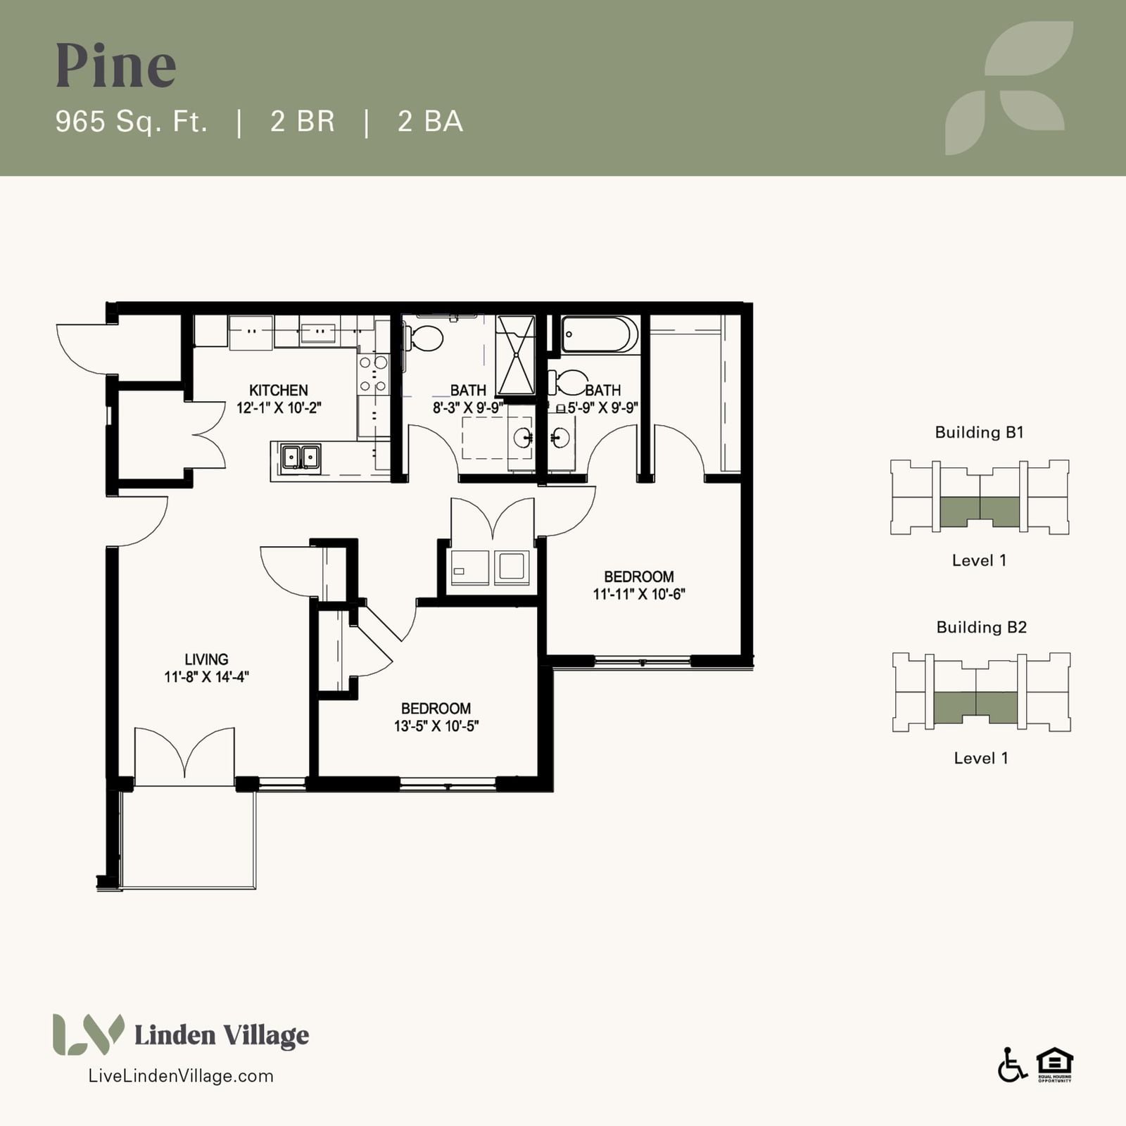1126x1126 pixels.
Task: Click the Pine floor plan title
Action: pyautogui.click(x=116, y=65)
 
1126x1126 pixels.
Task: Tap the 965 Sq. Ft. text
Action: pyautogui.click(x=132, y=122)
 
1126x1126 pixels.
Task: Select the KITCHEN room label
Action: pyautogui.click(x=279, y=390)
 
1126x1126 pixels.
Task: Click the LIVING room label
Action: pyautogui.click(x=206, y=659)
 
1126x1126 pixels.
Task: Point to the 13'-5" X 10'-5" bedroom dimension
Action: pyautogui.click(x=436, y=726)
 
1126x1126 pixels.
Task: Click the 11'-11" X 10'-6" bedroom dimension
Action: pyautogui.click(x=639, y=594)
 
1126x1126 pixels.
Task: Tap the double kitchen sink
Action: pyautogui.click(x=301, y=457)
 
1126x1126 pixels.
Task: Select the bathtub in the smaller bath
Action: pyautogui.click(x=600, y=334)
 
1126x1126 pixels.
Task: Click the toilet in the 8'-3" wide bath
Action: pyautogui.click(x=424, y=338)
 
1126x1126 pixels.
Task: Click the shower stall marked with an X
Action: pyautogui.click(x=516, y=355)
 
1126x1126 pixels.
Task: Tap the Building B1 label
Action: pyautogui.click(x=979, y=432)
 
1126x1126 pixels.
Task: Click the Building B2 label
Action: pyautogui.click(x=981, y=627)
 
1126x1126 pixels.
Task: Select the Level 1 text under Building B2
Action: pyautogui.click(x=981, y=758)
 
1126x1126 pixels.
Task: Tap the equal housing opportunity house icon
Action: pyautogui.click(x=1054, y=1064)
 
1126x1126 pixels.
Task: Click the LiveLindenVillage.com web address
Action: pyautogui.click(x=181, y=1075)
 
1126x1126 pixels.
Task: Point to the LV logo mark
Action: pyautogui.click(x=88, y=1035)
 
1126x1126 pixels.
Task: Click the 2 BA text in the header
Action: pyautogui.click(x=430, y=122)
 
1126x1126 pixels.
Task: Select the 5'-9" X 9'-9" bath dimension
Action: pyautogui.click(x=603, y=407)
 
